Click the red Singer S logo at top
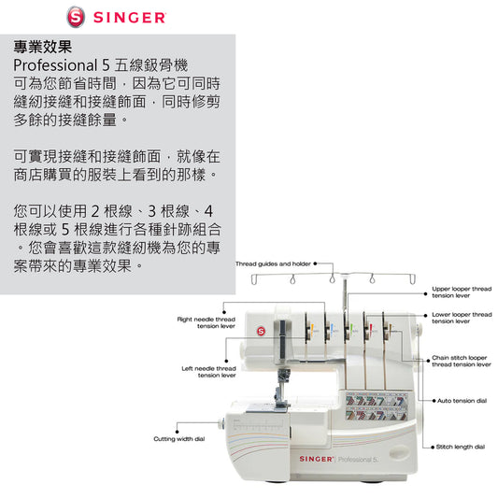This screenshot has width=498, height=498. (76, 17)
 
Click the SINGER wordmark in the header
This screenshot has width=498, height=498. (130, 18)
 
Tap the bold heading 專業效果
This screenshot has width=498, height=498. (43, 47)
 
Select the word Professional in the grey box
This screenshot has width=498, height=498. (55, 65)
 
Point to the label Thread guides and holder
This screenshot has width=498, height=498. (273, 263)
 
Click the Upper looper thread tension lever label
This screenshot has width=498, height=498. (462, 292)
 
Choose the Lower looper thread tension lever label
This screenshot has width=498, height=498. (462, 318)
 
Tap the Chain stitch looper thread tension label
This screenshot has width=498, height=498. (462, 361)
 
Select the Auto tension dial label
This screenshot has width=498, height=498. (462, 401)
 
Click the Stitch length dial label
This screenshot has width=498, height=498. (461, 447)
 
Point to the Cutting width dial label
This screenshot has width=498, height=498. (179, 438)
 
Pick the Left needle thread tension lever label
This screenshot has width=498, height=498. (208, 372)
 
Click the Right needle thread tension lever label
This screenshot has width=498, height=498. (206, 322)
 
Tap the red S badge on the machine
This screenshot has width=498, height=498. (261, 332)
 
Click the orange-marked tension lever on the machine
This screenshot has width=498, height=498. (308, 331)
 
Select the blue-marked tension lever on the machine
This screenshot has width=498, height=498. (328, 331)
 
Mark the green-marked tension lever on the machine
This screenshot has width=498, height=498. (349, 331)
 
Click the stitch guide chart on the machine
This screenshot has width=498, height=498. (377, 406)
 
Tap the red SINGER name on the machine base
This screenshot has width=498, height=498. (316, 459)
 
